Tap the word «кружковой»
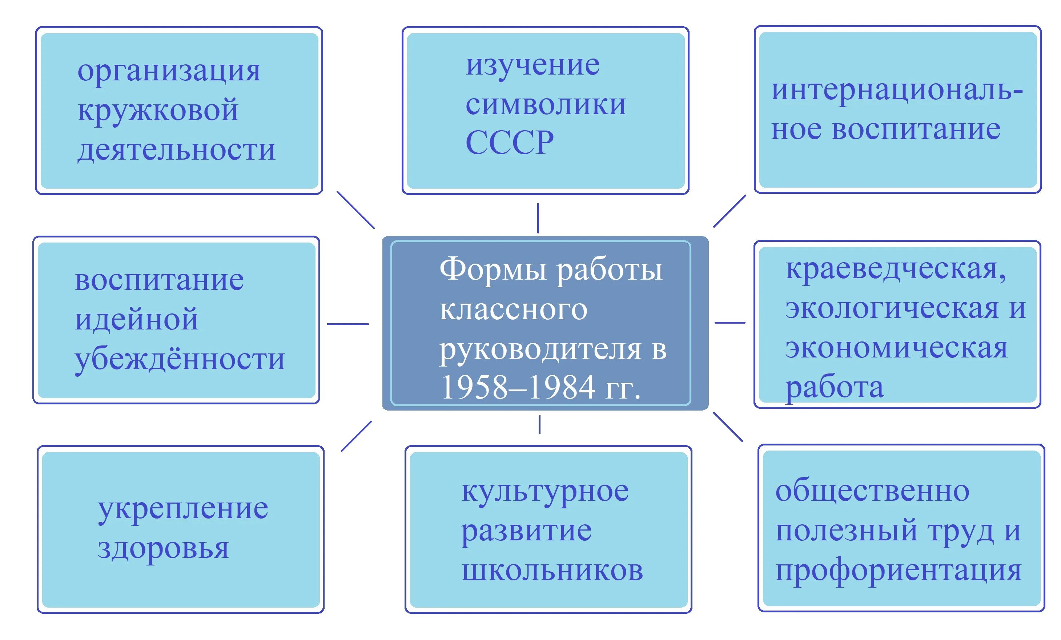[x=158, y=110]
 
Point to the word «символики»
[x=546, y=105]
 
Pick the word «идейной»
[x=137, y=320]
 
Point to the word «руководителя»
[x=540, y=350]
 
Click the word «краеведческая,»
[x=896, y=269]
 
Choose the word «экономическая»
[x=896, y=348]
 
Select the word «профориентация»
[x=898, y=571]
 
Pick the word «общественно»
[x=872, y=492]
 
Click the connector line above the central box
[x=538, y=218]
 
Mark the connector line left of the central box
[x=348, y=324]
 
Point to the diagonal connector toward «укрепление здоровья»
[x=356, y=436]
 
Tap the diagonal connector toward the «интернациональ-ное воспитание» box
[x=730, y=211]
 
